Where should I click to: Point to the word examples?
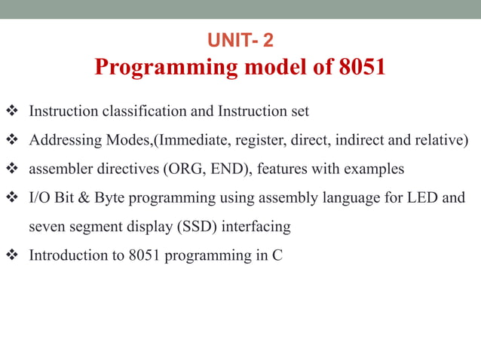click(374, 169)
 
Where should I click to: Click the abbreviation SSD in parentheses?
click(208, 226)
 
